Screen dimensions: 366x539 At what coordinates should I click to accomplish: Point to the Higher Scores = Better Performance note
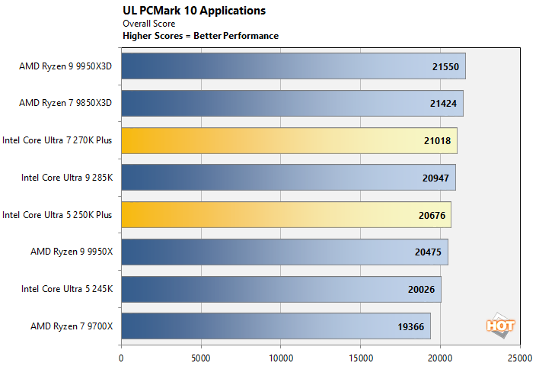click(200, 36)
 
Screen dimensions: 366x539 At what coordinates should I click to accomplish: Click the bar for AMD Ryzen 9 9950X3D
click(293, 66)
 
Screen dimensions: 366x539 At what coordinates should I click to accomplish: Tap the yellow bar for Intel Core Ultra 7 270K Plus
click(289, 140)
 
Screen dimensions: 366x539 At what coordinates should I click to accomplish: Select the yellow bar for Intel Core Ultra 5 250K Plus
click(286, 215)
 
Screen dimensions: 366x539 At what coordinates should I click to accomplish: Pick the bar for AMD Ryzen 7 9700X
click(276, 326)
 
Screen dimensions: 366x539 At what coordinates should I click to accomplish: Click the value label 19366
click(412, 327)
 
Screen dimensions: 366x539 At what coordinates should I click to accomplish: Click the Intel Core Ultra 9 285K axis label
click(68, 178)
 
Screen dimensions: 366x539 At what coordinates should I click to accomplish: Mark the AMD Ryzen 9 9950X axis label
click(72, 252)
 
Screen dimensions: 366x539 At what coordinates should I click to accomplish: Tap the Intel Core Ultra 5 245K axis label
click(68, 290)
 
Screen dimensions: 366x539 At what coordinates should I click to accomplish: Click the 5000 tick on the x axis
click(201, 356)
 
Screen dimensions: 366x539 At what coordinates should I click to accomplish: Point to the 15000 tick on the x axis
click(360, 356)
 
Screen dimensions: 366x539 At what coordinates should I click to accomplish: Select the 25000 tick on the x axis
click(520, 356)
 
